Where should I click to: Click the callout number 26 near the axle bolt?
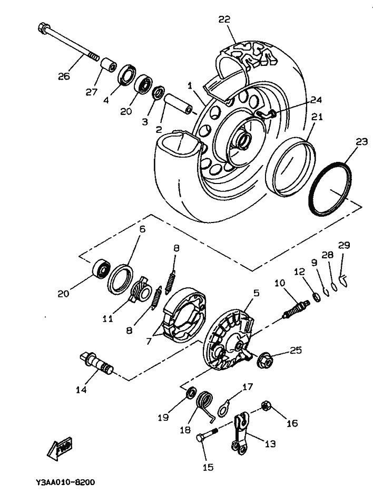(63, 76)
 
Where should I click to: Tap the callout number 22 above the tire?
(224, 20)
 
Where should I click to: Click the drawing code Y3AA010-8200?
(65, 482)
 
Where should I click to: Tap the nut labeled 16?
(266, 407)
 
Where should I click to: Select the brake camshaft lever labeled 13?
(242, 432)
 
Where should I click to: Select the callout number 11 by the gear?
(107, 318)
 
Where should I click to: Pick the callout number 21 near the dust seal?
(316, 118)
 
